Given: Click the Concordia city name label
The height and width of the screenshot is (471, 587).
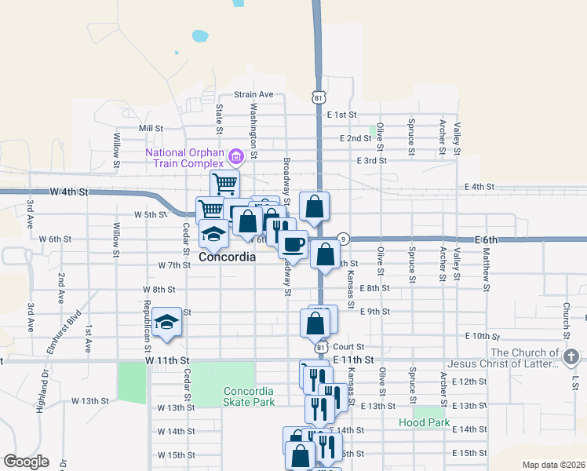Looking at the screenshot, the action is [x=227, y=257].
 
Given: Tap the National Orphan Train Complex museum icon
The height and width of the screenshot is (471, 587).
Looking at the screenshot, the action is [x=234, y=157].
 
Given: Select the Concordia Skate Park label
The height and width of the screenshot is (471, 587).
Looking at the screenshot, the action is [x=249, y=396].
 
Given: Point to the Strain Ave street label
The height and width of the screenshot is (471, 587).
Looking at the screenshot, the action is [x=253, y=94].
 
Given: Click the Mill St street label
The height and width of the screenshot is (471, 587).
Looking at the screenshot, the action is [x=150, y=128].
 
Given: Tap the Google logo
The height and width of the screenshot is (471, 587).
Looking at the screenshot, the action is [x=26, y=462].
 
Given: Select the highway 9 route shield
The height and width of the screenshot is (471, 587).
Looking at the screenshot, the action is [x=343, y=239].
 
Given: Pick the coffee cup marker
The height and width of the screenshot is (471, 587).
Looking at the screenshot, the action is [x=293, y=244].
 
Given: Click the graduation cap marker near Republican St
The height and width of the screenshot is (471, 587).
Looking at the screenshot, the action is [x=166, y=322].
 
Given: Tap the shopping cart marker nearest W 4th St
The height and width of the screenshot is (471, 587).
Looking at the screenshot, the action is [x=225, y=184].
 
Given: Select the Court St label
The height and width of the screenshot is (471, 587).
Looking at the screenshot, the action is [x=349, y=346].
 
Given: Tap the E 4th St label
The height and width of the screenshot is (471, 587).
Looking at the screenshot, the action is [x=479, y=187].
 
